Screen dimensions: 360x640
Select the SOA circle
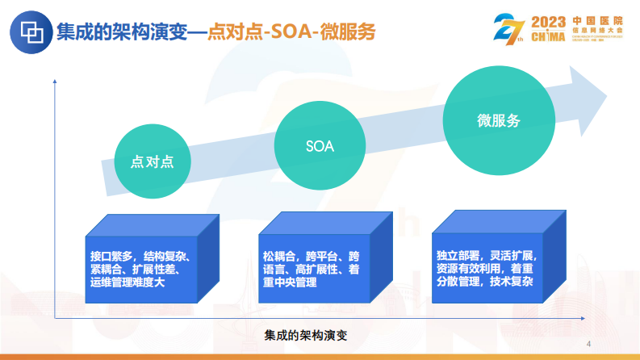pyautogui.click(x=320, y=146)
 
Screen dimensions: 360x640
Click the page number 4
pyautogui.click(x=588, y=342)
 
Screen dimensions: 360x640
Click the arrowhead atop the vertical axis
pyautogui.click(x=55, y=79)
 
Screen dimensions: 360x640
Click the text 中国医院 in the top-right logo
pyautogui.click(x=600, y=20)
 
